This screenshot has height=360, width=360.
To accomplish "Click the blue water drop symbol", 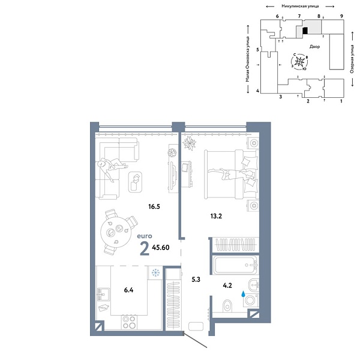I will (243, 295).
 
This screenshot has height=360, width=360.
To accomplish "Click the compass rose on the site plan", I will (301, 62).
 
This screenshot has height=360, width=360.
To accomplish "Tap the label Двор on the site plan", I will (315, 46).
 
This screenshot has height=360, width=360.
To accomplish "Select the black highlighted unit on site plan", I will (305, 29).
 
